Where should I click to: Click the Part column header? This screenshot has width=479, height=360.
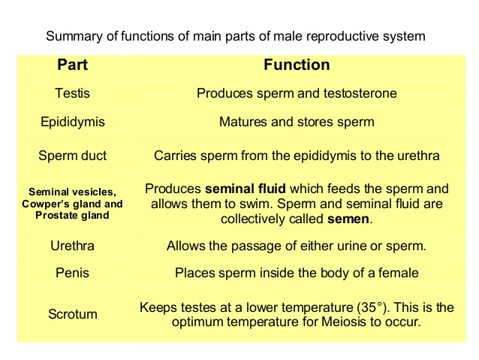(x=73, y=65)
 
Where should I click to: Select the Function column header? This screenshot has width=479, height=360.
(x=297, y=65)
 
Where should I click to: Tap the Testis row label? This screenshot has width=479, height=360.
(x=73, y=94)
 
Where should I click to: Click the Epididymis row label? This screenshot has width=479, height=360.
(x=73, y=122)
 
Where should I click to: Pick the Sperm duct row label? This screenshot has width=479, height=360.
(x=73, y=156)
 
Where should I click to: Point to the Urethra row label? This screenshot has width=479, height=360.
(x=73, y=246)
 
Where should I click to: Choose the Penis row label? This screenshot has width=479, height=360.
(x=73, y=272)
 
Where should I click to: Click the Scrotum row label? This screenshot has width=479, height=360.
(x=73, y=314)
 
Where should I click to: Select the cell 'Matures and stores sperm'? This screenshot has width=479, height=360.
(x=297, y=122)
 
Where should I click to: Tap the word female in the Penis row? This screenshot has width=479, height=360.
(x=397, y=272)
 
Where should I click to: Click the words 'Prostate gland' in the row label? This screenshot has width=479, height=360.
(x=72, y=216)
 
